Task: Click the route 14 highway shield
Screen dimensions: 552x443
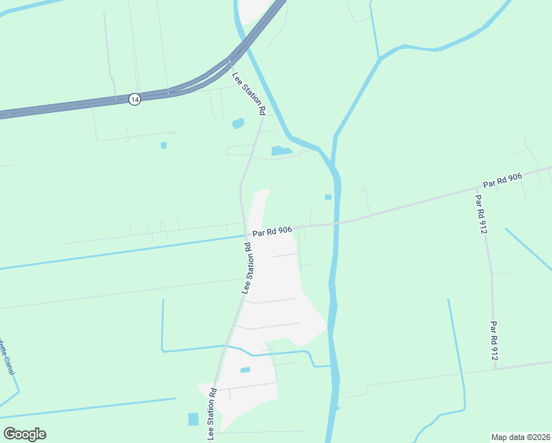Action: click(x=134, y=99)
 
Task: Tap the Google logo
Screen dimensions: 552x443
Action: click(x=24, y=434)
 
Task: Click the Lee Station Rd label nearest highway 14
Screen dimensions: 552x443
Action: click(x=249, y=93)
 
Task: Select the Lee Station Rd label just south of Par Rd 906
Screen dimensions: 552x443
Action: click(x=249, y=267)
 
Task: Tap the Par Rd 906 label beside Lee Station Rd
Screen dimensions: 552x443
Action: click(x=272, y=232)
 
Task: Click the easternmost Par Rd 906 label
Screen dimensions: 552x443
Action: click(x=503, y=179)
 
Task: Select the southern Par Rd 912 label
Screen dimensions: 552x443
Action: click(x=494, y=340)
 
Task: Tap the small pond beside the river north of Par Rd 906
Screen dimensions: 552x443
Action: click(x=328, y=196)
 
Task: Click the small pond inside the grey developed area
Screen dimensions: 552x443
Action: click(x=246, y=370)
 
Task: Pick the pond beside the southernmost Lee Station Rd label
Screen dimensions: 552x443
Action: click(x=193, y=419)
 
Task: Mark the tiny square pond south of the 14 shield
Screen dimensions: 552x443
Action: click(x=164, y=145)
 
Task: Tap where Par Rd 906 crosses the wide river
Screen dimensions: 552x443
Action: click(x=336, y=222)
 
